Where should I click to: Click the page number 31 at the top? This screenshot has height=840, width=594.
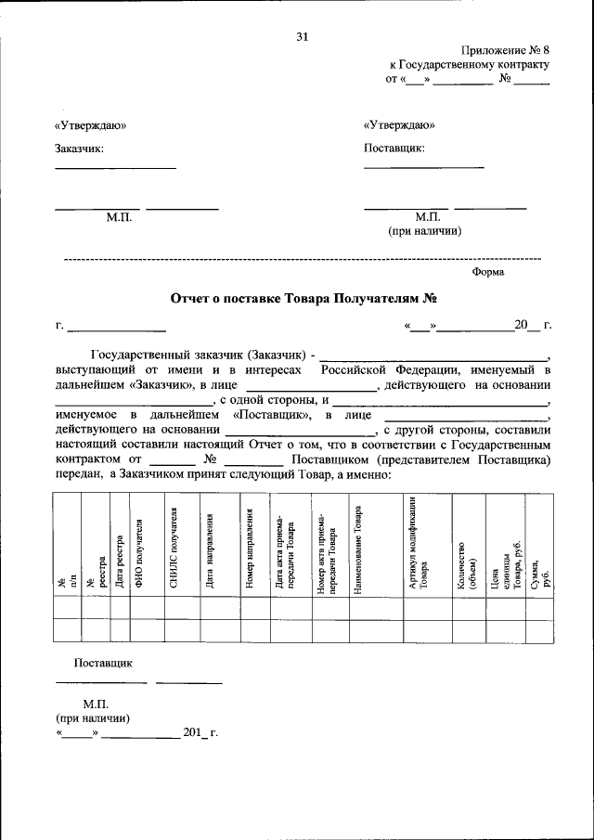click(302, 37)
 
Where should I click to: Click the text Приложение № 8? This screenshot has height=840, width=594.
click(505, 51)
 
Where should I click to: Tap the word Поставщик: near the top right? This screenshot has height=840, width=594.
click(394, 148)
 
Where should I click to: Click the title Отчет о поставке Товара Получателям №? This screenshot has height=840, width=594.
click(303, 299)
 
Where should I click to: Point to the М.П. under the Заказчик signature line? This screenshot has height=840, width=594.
click(120, 216)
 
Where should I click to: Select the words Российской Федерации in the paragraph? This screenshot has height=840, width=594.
click(381, 368)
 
